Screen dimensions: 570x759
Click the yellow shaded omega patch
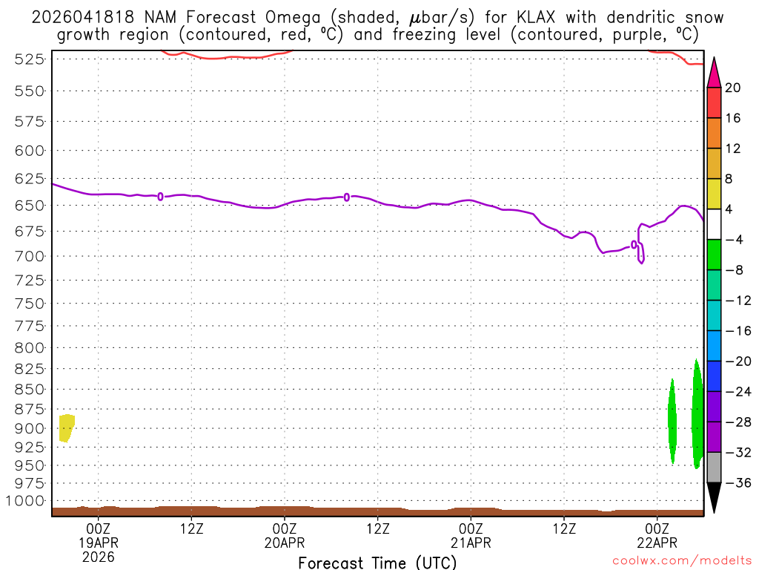pos(66,427)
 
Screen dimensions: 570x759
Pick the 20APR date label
pos(285,543)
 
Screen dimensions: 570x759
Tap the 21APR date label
pos(471,543)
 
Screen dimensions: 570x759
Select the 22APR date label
pos(657,543)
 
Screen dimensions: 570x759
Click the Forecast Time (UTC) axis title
pos(377,563)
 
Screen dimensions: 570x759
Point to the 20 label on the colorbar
pos(734,88)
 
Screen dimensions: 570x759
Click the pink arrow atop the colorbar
pos(714,73)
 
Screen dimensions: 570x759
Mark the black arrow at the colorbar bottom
pos(714,497)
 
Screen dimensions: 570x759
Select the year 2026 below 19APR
pos(98,557)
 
